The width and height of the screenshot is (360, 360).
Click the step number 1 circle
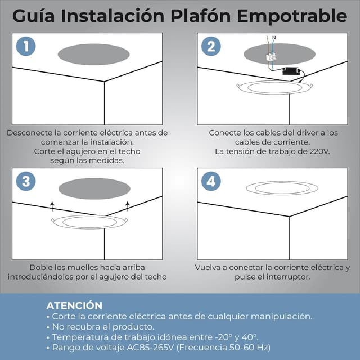(25, 47)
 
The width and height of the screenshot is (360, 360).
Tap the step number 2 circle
(211, 47)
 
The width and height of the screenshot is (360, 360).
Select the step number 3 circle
(25, 181)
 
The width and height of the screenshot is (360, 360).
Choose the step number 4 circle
(211, 181)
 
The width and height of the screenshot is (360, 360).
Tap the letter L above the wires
(267, 37)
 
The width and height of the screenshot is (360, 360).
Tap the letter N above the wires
(274, 37)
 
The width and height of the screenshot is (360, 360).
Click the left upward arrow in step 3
(52, 205)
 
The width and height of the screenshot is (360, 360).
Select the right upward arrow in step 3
(128, 205)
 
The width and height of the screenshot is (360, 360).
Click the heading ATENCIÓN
(74, 305)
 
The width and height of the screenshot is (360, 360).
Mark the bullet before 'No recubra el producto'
(48, 327)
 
